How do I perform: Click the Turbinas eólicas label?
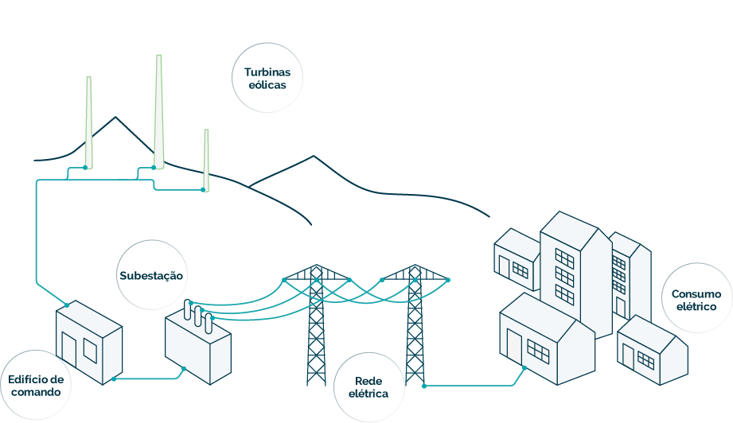coord(267,78)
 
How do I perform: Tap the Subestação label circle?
coord(151,275)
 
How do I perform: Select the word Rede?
coord(368,382)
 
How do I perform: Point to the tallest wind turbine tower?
coord(158,111)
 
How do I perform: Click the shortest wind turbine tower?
coord(206,159)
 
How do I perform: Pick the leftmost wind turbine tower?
coord(88,123)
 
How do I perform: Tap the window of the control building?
coord(89,349)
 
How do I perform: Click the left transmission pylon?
coord(317,326)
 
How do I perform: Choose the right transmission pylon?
coord(415,326)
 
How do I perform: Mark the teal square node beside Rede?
coord(424,386)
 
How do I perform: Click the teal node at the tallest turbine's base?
coord(152,168)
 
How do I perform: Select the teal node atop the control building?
coord(67,305)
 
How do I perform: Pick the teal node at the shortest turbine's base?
coord(202,190)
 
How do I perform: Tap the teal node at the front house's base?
coord(524,368)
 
